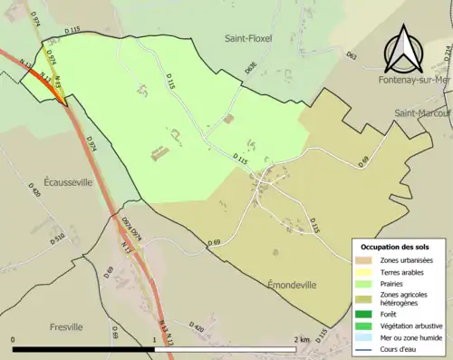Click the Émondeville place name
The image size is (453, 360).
(291, 284)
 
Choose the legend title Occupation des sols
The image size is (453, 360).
(395, 247)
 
